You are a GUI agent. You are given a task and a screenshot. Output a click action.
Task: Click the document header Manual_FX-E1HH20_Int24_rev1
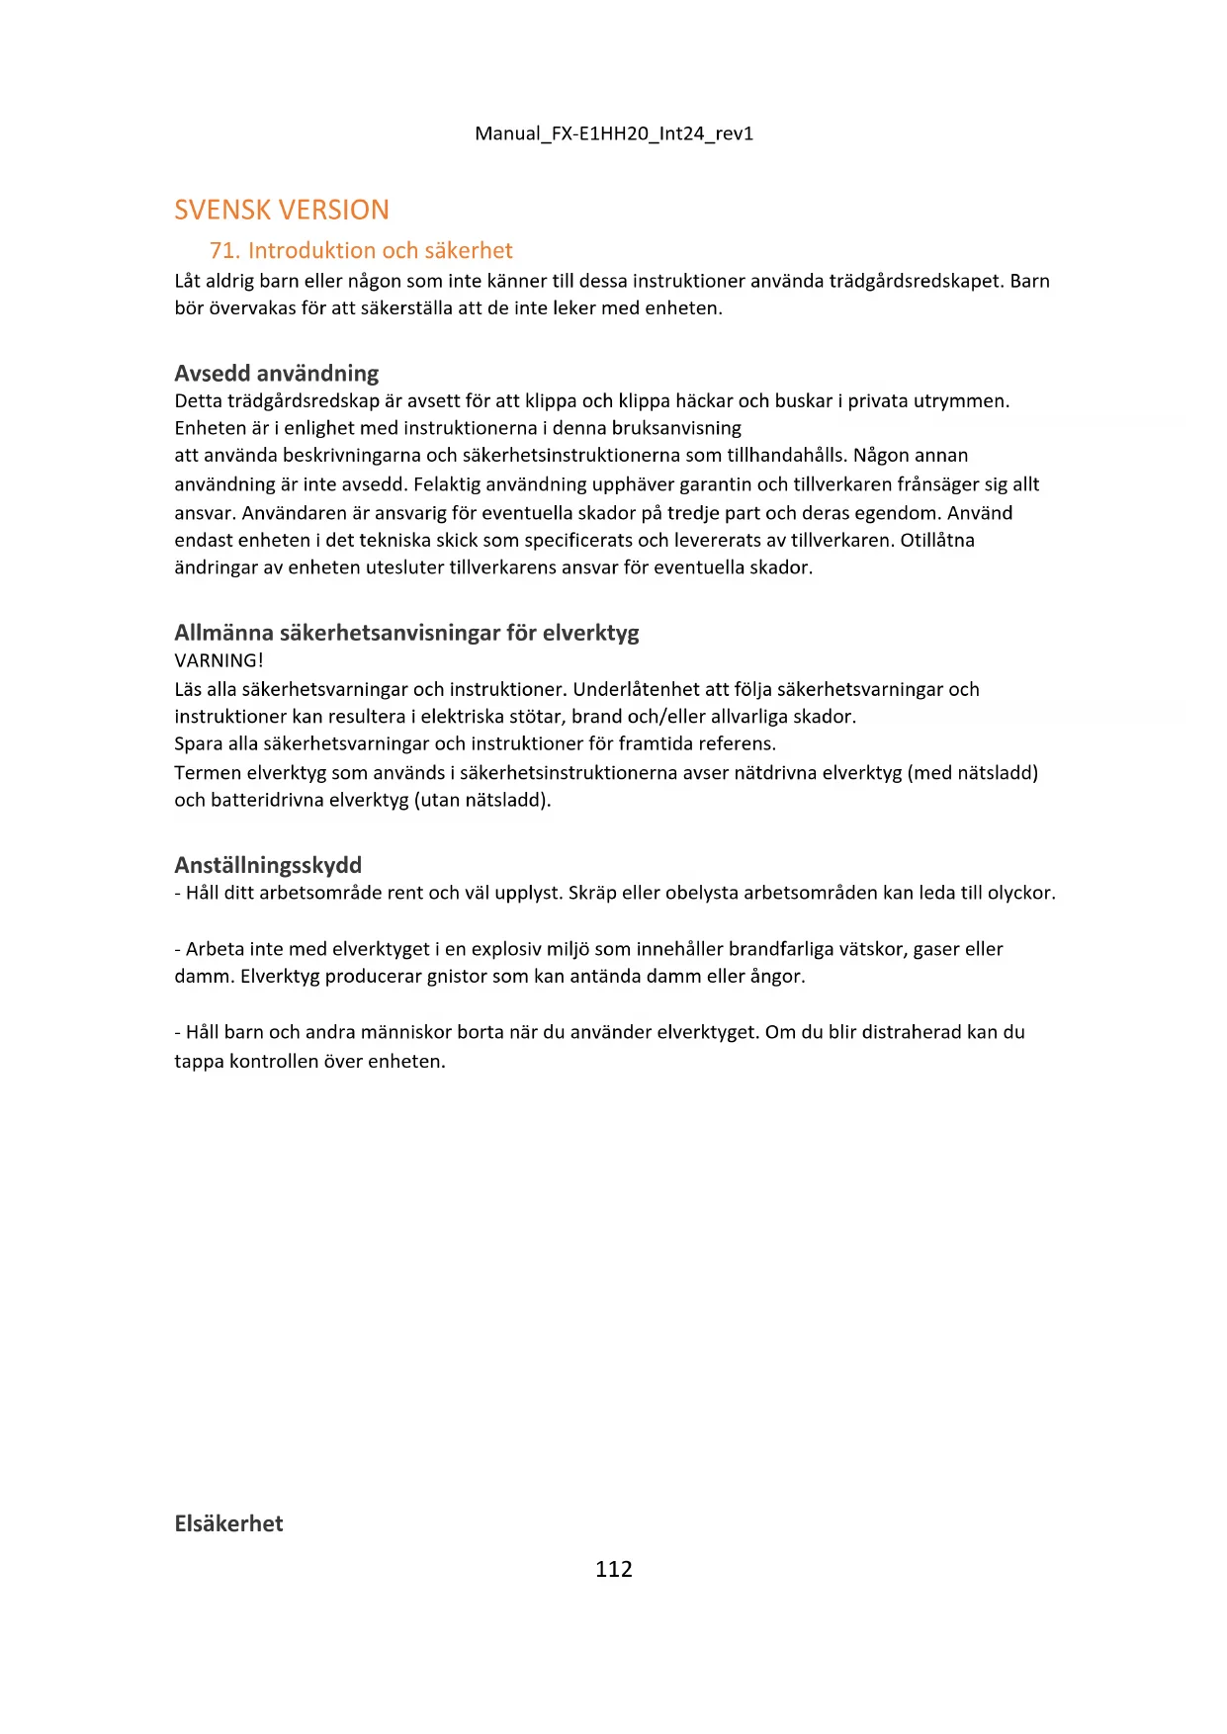pos(613,133)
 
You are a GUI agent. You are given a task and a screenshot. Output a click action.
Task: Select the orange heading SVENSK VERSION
pos(282,210)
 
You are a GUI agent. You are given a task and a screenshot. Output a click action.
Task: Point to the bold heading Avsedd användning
pos(277,374)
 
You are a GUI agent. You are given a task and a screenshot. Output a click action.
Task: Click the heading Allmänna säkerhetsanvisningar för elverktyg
pos(406,633)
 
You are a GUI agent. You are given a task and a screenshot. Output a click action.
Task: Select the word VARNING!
pos(219,660)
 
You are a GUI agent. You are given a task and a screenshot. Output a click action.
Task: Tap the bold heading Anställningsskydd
pos(268,865)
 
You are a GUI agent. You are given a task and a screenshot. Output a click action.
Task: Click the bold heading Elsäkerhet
pos(228,1523)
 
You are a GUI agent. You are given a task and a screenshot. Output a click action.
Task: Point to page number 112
pos(613,1569)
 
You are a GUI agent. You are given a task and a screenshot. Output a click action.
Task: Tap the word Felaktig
pos(447,484)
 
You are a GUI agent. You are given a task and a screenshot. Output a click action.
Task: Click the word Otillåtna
pos(937,540)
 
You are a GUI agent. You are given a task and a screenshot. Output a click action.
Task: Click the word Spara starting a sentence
pos(199,743)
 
